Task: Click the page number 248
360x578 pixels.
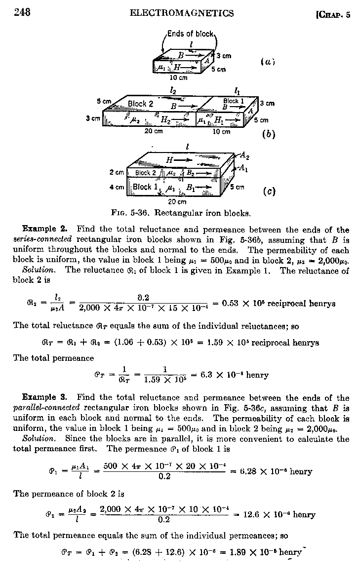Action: pyautogui.click(x=22, y=13)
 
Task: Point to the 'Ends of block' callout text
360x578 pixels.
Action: pyautogui.click(x=190, y=34)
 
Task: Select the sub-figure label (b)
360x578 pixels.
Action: pyautogui.click(x=269, y=134)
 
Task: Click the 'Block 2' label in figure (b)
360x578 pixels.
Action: pyautogui.click(x=141, y=104)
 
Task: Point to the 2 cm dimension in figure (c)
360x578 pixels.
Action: pyautogui.click(x=117, y=173)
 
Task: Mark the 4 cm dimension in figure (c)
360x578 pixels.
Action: pyautogui.click(x=117, y=187)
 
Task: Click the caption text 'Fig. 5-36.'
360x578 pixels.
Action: pyautogui.click(x=132, y=214)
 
